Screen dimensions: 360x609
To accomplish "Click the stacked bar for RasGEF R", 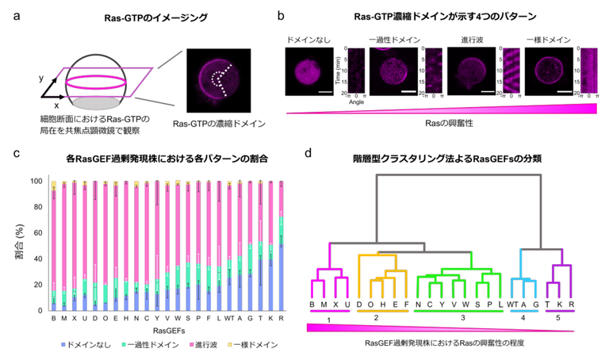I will pyautogui.click(x=282, y=246).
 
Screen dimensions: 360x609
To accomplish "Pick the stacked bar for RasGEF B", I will pyautogui.click(x=54, y=246).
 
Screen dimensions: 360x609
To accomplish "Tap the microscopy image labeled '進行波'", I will pyautogui.click(x=469, y=70).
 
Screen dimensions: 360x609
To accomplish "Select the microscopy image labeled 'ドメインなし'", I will pyautogui.click(x=306, y=70).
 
